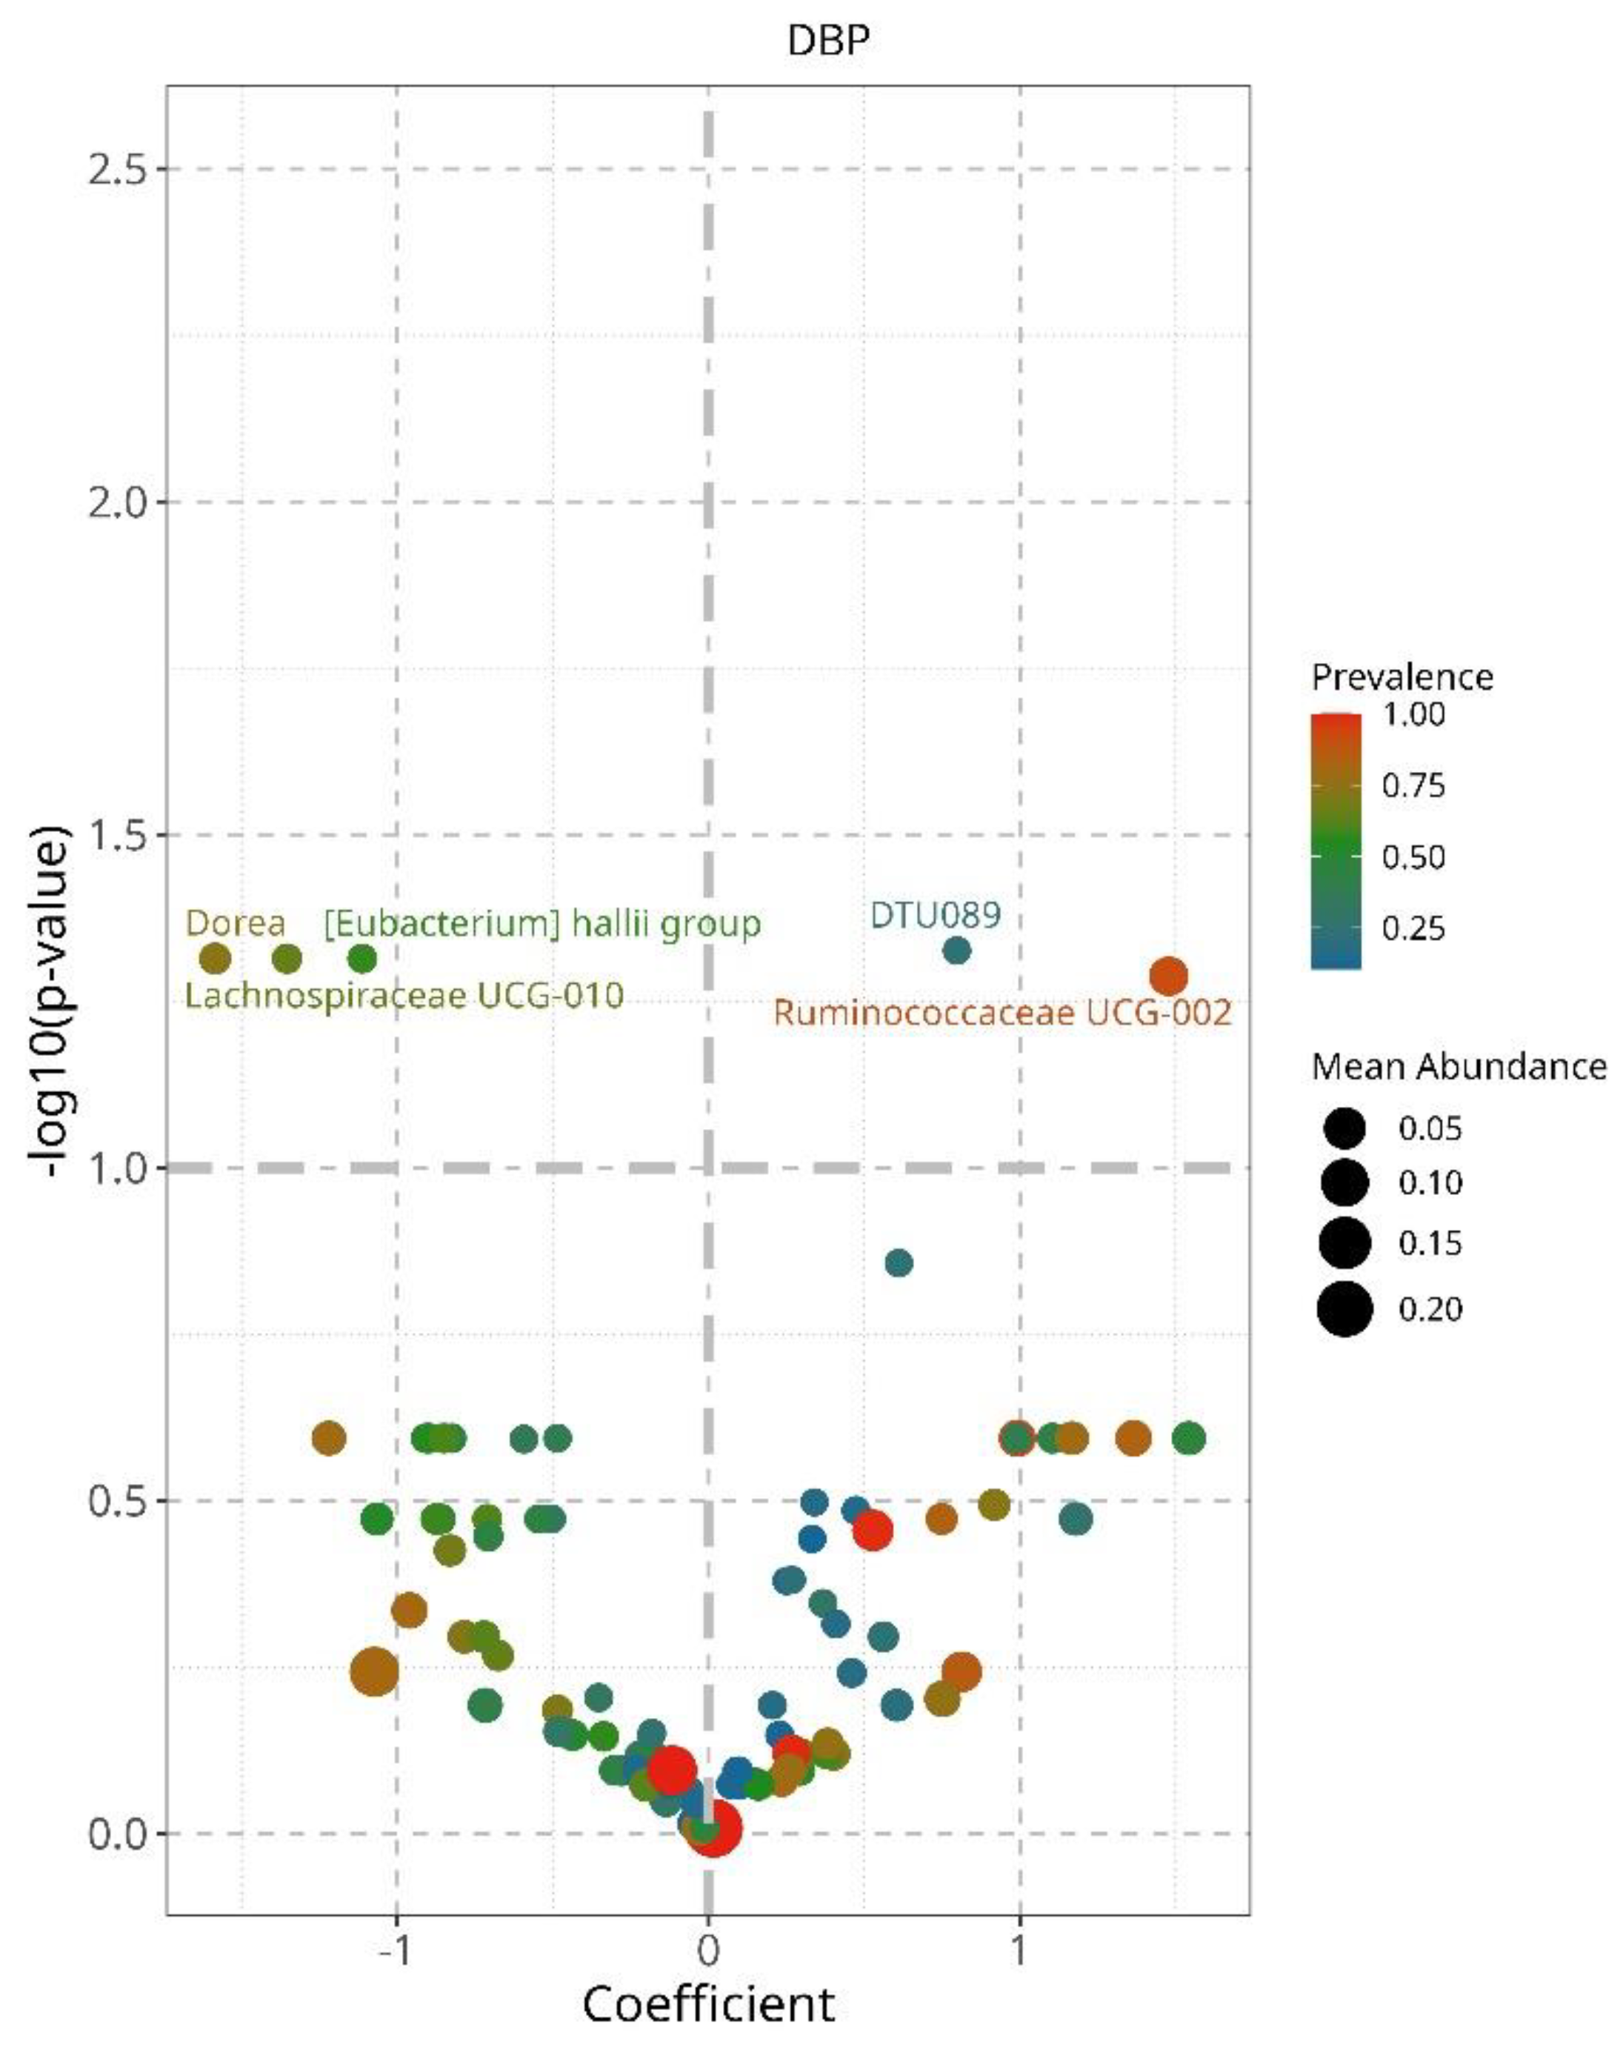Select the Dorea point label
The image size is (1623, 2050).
[235, 923]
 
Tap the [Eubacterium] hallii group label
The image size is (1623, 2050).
[541, 924]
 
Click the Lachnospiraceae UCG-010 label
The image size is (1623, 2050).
[404, 995]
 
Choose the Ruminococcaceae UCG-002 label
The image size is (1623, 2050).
[1002, 1012]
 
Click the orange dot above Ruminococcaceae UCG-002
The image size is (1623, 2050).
[1168, 975]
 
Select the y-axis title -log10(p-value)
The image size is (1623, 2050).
[47, 1001]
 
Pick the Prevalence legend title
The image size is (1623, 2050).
[1402, 676]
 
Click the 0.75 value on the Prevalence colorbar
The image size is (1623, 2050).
[1413, 785]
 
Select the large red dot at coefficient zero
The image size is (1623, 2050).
[713, 1828]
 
